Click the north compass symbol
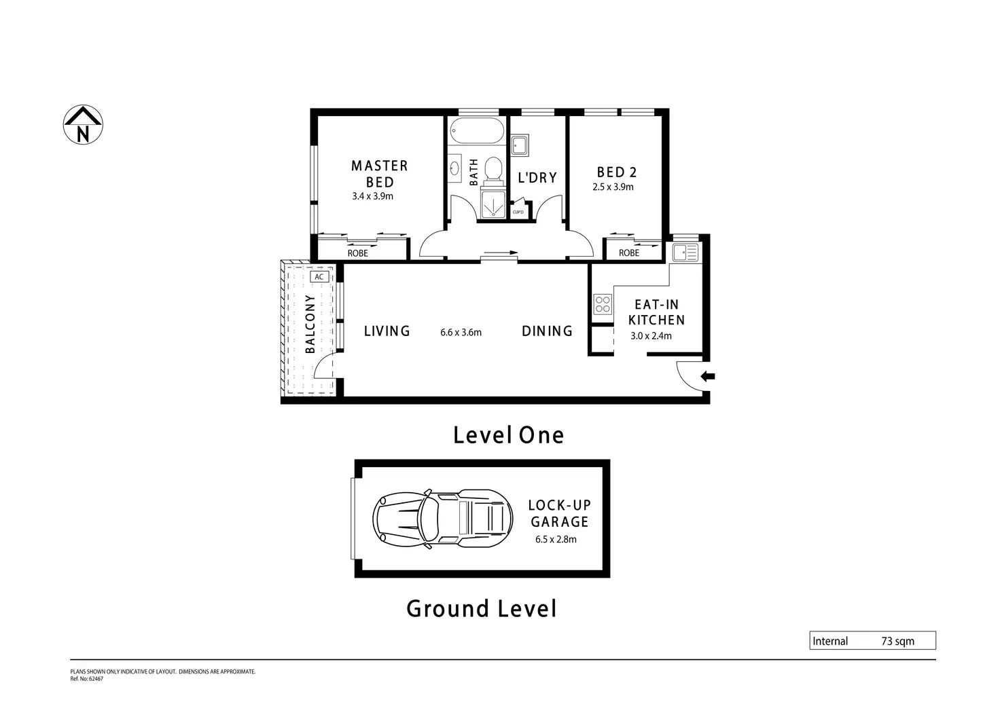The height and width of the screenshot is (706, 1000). [83, 125]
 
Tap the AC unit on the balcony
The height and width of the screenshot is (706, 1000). [319, 277]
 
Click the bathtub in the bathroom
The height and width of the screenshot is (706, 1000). [477, 130]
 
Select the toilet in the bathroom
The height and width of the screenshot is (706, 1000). [493, 170]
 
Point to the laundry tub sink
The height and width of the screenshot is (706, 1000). [520, 145]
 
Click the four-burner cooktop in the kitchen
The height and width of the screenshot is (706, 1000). [603, 304]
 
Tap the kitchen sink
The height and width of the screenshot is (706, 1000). [685, 253]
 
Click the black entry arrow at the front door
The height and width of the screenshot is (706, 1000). [708, 376]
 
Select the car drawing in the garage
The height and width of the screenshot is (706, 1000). [442, 519]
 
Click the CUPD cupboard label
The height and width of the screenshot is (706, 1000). [518, 212]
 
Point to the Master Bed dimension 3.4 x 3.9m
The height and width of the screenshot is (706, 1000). [373, 196]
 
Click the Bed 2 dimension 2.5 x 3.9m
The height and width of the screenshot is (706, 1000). [613, 187]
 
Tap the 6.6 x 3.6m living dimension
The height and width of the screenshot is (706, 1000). [461, 332]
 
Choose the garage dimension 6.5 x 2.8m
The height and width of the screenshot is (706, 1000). [556, 539]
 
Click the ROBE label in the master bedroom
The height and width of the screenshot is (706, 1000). [358, 253]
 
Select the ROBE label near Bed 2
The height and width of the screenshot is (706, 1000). [629, 253]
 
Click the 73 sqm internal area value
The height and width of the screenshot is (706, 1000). [898, 642]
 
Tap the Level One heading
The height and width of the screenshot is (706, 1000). [508, 435]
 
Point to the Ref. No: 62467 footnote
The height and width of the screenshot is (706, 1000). [86, 679]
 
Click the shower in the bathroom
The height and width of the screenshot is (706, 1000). [493, 205]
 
